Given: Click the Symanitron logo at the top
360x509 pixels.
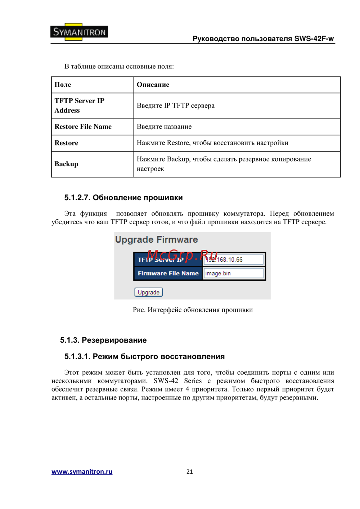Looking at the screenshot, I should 79,32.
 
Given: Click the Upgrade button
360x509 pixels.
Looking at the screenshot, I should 148,292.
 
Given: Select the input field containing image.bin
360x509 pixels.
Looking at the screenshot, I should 234,273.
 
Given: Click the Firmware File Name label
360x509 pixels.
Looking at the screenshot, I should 168,273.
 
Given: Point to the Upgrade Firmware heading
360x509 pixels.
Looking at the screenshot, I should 156,240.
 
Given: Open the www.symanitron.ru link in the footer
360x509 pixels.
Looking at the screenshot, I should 82,472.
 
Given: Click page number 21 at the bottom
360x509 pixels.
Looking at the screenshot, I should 190,472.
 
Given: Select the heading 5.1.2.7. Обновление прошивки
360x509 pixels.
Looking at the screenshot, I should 123,198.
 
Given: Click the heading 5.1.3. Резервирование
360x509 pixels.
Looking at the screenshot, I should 103,340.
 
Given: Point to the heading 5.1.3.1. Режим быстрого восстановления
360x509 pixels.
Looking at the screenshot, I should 144,356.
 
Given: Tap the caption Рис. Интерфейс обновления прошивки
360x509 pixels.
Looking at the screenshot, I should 193,310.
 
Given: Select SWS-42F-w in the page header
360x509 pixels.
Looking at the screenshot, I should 314,39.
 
